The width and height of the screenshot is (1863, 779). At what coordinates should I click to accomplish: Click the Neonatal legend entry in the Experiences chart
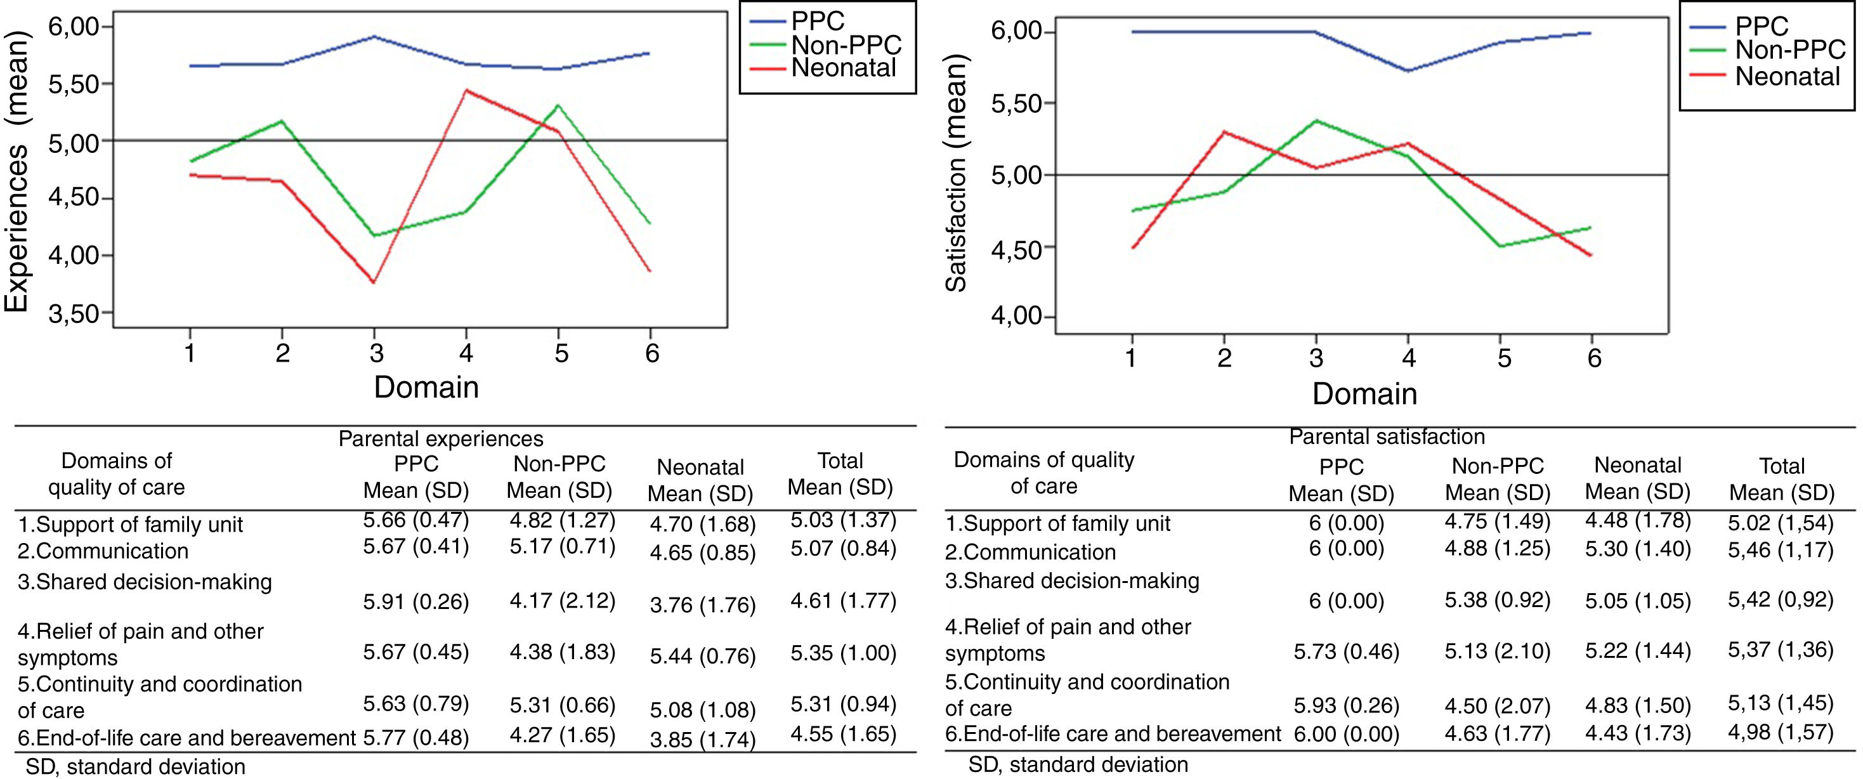[x=843, y=69]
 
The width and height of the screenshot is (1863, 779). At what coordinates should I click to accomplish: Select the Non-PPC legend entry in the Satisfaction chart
[x=1790, y=51]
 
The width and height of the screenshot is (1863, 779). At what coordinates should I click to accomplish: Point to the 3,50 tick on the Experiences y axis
[x=72, y=314]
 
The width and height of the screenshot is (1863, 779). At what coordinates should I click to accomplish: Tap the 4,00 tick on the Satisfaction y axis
[x=1016, y=317]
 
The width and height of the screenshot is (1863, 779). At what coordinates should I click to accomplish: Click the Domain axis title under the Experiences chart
[x=426, y=388]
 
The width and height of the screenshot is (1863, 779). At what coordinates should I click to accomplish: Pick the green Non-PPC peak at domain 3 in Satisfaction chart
[x=1316, y=120]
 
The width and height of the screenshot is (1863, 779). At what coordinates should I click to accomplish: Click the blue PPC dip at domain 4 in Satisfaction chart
[x=1408, y=71]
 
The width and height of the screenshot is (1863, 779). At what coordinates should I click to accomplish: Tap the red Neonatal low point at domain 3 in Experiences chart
[x=373, y=282]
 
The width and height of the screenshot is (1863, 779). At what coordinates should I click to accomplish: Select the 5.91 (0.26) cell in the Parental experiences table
[x=416, y=602]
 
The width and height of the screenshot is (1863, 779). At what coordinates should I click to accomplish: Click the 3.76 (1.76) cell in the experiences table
[x=702, y=605]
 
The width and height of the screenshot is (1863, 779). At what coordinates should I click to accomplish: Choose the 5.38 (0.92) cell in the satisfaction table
[x=1497, y=600]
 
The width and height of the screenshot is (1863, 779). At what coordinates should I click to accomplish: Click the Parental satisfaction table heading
[x=1387, y=437]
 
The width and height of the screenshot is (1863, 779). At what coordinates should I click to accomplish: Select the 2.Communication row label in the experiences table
[x=103, y=551]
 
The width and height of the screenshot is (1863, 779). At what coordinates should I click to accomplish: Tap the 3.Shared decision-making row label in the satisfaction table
[x=1072, y=581]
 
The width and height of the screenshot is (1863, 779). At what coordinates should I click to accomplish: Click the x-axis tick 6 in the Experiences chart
[x=651, y=353]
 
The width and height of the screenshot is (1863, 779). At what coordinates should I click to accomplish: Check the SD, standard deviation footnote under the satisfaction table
[x=1078, y=764]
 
